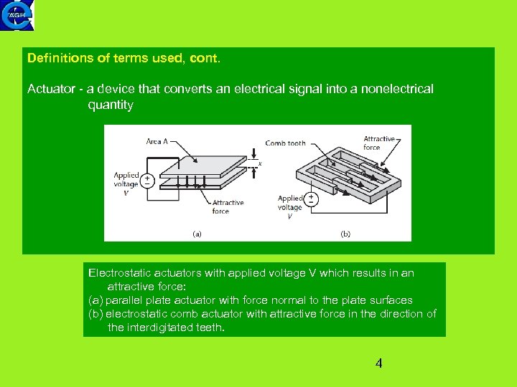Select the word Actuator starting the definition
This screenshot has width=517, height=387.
tap(52, 89)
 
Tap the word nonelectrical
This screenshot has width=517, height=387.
tap(398, 89)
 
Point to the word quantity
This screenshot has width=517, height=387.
tap(111, 105)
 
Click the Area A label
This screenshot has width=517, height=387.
tap(157, 142)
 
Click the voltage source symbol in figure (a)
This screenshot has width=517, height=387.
tap(147, 180)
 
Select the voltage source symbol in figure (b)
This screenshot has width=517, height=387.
tap(312, 199)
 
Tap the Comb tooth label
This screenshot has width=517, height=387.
tap(285, 143)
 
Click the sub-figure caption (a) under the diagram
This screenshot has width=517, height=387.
tap(197, 233)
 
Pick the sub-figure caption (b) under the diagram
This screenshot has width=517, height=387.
tap(345, 233)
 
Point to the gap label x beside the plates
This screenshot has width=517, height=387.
tap(259, 164)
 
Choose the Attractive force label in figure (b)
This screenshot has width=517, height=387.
tap(379, 143)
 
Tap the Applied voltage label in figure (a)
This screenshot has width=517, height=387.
tap(126, 183)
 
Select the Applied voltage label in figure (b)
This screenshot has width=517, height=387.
tap(290, 207)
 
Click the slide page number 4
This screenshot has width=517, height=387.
tap(378, 363)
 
